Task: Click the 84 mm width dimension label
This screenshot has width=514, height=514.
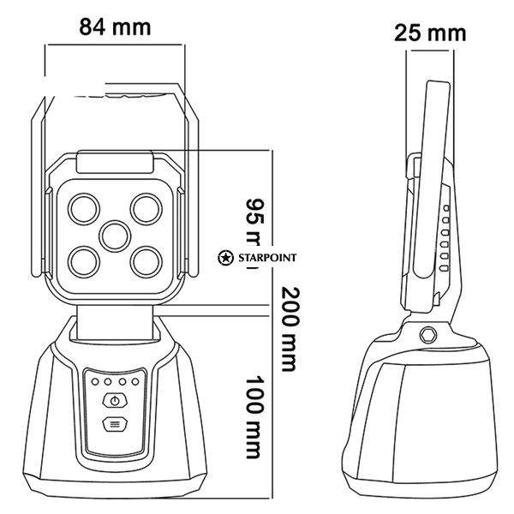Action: point(115,27)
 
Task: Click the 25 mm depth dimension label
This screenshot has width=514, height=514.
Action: point(431,33)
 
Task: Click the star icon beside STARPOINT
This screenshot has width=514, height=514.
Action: point(225,256)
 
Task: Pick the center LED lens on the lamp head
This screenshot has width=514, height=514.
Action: point(114,233)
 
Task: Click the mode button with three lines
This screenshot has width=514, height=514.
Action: point(114,424)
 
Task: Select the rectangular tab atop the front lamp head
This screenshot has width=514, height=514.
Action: point(115,160)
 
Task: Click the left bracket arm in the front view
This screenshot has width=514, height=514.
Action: point(39,188)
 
